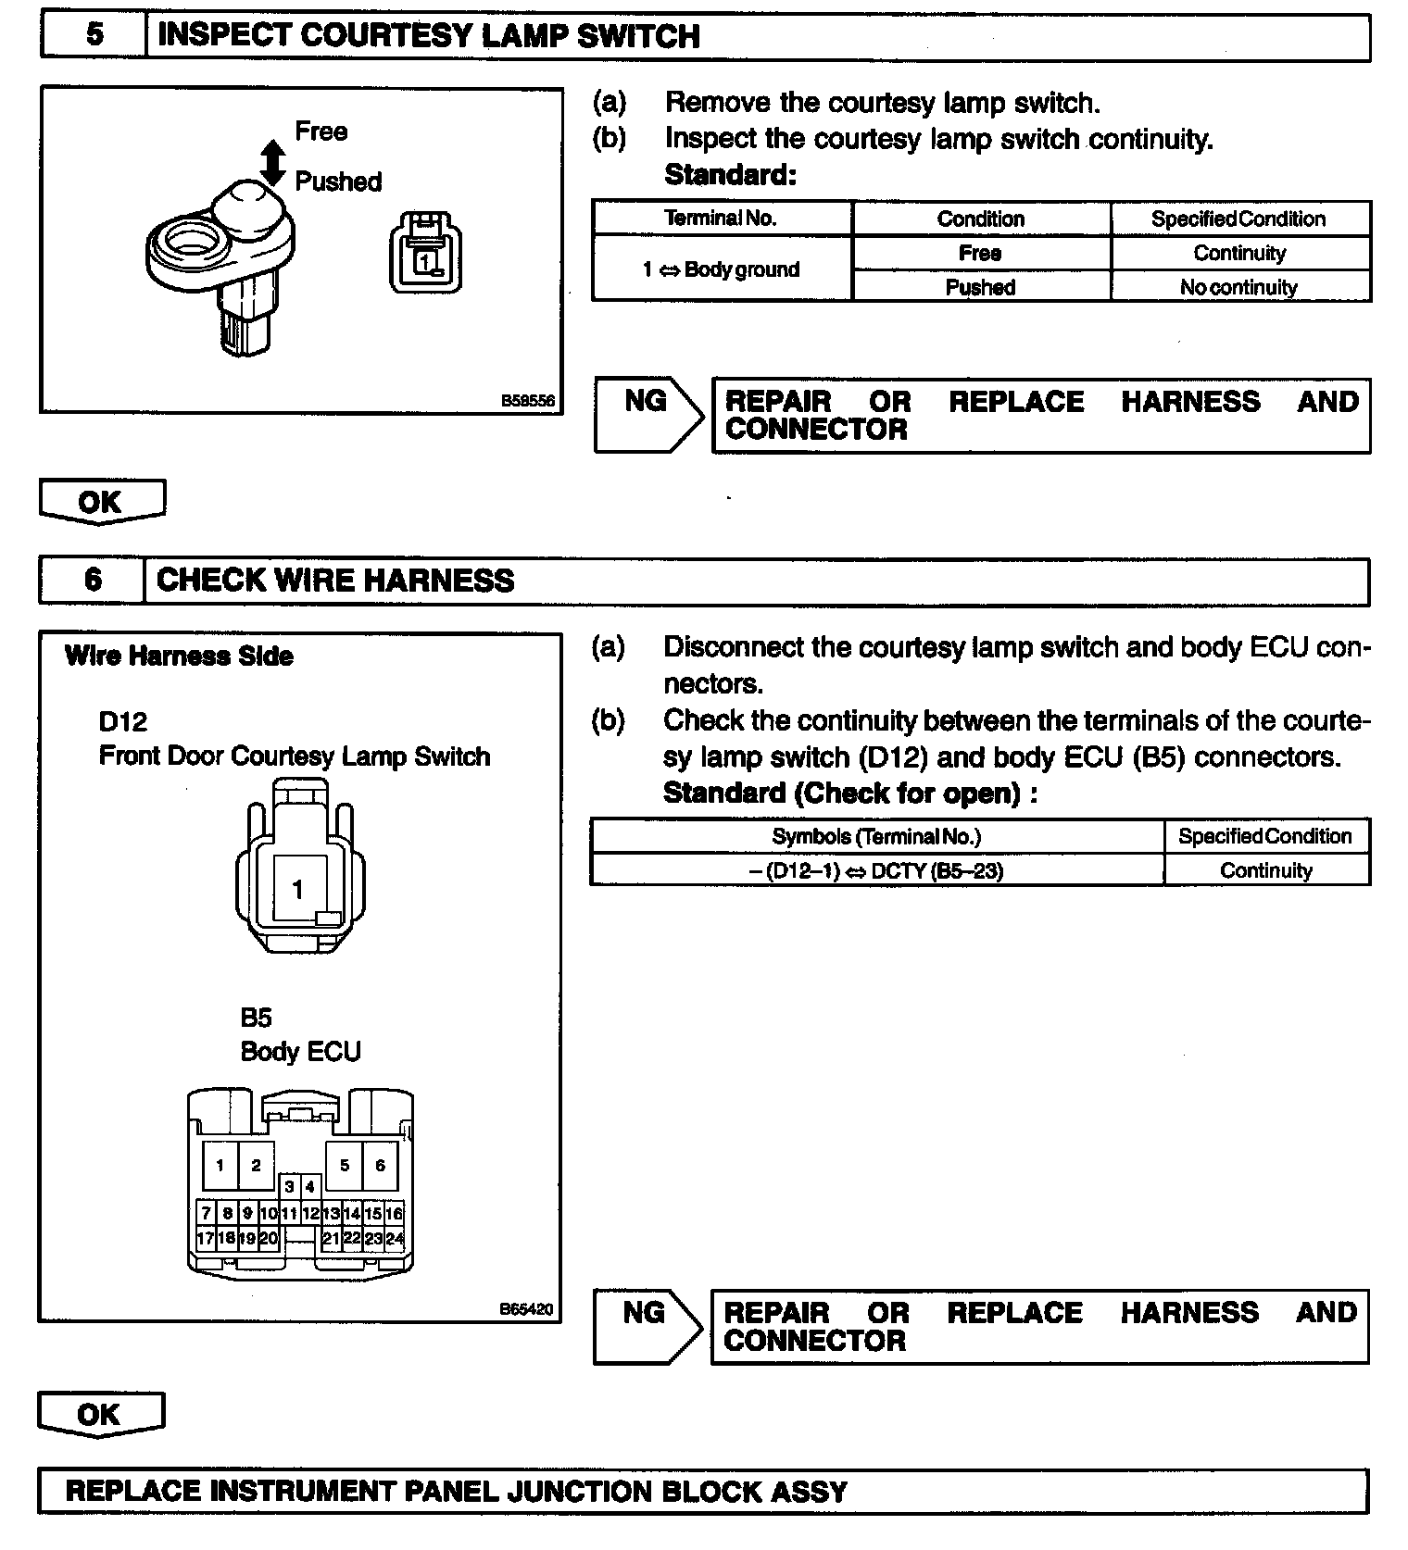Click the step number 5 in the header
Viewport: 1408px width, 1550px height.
coord(94,35)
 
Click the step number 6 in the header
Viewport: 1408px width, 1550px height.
coord(93,581)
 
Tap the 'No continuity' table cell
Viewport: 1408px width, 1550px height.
coord(1238,287)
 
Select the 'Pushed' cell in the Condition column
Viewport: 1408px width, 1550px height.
coord(980,287)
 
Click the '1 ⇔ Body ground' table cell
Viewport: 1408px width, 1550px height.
coord(721,269)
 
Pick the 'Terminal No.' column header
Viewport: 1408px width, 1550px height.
coord(721,219)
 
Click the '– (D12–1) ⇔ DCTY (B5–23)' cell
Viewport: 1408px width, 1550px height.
coord(876,870)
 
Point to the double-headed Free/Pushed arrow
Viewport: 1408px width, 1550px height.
coord(272,162)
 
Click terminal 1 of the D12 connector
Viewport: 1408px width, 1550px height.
coord(297,890)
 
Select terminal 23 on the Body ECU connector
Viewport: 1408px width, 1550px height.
coord(373,1238)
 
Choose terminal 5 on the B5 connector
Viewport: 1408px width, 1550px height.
coord(345,1165)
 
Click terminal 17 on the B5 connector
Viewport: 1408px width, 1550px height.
coord(206,1238)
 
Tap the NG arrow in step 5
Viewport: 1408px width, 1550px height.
coord(648,415)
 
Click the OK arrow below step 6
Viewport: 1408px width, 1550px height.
coord(100,1414)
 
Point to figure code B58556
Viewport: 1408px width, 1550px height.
coord(527,401)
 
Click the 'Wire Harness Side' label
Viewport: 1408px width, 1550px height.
coord(179,656)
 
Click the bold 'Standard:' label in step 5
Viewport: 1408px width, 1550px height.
coord(730,175)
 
